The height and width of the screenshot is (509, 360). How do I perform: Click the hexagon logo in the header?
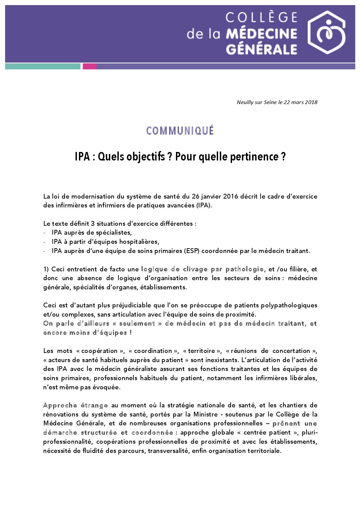(x=326, y=32)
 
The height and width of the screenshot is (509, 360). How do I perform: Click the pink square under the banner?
(x=89, y=66)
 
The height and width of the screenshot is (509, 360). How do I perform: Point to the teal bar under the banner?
(x=43, y=66)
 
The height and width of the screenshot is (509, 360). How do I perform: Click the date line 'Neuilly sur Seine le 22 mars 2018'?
(x=277, y=102)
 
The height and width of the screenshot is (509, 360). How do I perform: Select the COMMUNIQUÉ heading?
(x=180, y=131)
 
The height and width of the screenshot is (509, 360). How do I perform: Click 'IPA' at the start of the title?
(x=82, y=157)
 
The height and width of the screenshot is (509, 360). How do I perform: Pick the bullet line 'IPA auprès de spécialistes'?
(x=92, y=233)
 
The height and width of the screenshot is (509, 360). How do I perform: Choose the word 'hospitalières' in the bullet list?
(x=139, y=242)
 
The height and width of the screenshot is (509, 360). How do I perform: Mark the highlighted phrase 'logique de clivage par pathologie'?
(x=202, y=269)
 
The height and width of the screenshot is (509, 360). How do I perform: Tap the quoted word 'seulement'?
(x=137, y=323)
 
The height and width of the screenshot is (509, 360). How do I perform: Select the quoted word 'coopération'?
(x=99, y=351)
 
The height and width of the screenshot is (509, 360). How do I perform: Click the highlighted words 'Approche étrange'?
(x=76, y=405)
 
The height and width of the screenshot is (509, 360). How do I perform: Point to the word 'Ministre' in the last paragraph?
(x=206, y=414)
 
